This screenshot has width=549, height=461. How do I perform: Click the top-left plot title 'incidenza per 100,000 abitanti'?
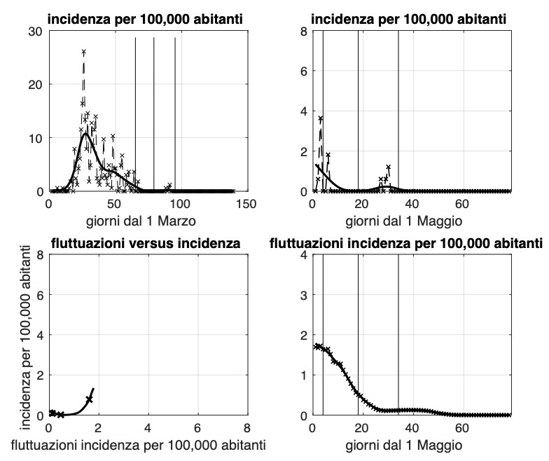147,20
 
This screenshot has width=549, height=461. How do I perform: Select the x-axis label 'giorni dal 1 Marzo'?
147,221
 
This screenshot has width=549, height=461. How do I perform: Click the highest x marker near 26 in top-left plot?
83,52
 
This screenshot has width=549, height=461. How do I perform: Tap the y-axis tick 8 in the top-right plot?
304,32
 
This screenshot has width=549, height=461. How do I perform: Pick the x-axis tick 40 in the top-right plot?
412,204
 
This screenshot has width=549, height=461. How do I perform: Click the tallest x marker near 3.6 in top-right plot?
321,118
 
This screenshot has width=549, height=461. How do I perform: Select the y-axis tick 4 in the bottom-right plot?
304,255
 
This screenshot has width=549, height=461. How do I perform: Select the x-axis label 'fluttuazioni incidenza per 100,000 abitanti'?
147,445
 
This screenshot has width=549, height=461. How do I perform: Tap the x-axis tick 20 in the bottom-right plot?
362,427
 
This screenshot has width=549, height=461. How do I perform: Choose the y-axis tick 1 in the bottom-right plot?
304,375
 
